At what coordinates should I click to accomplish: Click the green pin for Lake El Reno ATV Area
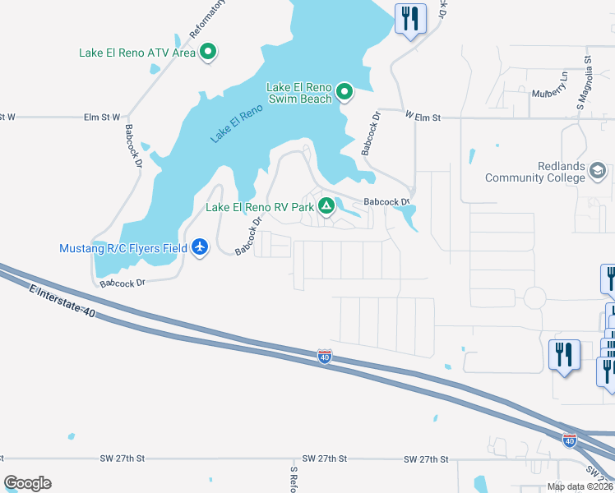tap(208, 53)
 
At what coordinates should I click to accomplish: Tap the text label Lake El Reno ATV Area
tap(137, 53)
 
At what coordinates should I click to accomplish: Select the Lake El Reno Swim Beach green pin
tap(344, 92)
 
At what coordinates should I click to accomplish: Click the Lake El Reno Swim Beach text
tap(298, 92)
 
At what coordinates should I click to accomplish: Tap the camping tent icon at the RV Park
tap(326, 207)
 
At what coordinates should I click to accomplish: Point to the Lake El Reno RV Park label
tap(260, 207)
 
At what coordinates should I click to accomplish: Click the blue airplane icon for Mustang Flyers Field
tap(200, 247)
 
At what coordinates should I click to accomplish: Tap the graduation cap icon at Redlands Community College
tap(598, 171)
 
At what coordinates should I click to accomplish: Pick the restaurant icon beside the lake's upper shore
tap(409, 18)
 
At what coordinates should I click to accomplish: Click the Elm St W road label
tap(102, 117)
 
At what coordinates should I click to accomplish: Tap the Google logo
tap(27, 483)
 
